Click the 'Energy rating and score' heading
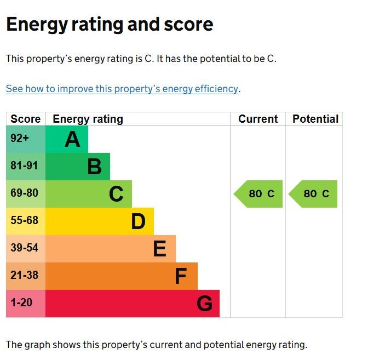coord(110,25)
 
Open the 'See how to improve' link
coord(122,89)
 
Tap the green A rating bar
coord(67,139)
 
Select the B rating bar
coord(78,167)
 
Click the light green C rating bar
coord(89,194)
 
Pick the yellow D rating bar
coord(100,221)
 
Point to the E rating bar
coord(111,249)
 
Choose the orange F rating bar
coord(122,276)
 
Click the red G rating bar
coord(133,304)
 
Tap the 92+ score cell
coord(26,139)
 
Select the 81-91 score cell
coord(26,167)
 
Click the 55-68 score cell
coord(26,221)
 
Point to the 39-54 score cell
coord(26,249)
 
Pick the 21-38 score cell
coord(26,276)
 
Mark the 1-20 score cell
coord(26,304)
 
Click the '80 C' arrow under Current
coord(259,194)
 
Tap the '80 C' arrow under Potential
coord(314,194)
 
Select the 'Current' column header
coord(258,119)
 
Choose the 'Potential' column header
coord(315,119)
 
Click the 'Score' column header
coord(26,119)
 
